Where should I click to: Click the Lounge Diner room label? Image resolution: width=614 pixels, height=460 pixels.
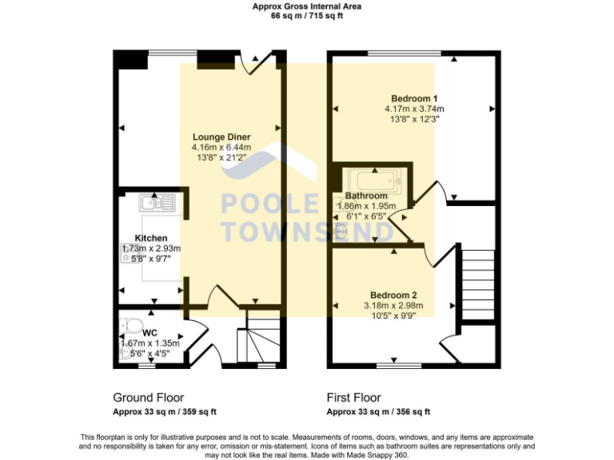tap(221, 137)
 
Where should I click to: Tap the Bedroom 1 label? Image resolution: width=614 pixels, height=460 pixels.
tap(414, 98)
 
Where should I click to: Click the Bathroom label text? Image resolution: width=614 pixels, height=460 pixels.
tap(366, 196)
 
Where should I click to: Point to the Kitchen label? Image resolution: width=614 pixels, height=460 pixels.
tap(151, 238)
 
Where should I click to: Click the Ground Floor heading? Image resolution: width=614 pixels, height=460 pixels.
tap(148, 398)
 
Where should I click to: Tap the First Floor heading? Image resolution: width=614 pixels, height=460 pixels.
tap(353, 398)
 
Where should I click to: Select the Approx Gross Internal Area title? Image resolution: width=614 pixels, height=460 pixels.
tap(307, 6)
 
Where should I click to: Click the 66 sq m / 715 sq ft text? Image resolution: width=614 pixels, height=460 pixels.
tap(307, 15)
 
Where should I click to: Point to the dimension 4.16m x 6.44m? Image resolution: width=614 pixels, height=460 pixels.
tap(221, 148)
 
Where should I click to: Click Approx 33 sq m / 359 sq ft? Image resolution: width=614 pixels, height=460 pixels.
tap(165, 412)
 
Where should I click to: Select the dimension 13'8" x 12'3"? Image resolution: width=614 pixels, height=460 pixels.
tap(414, 119)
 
